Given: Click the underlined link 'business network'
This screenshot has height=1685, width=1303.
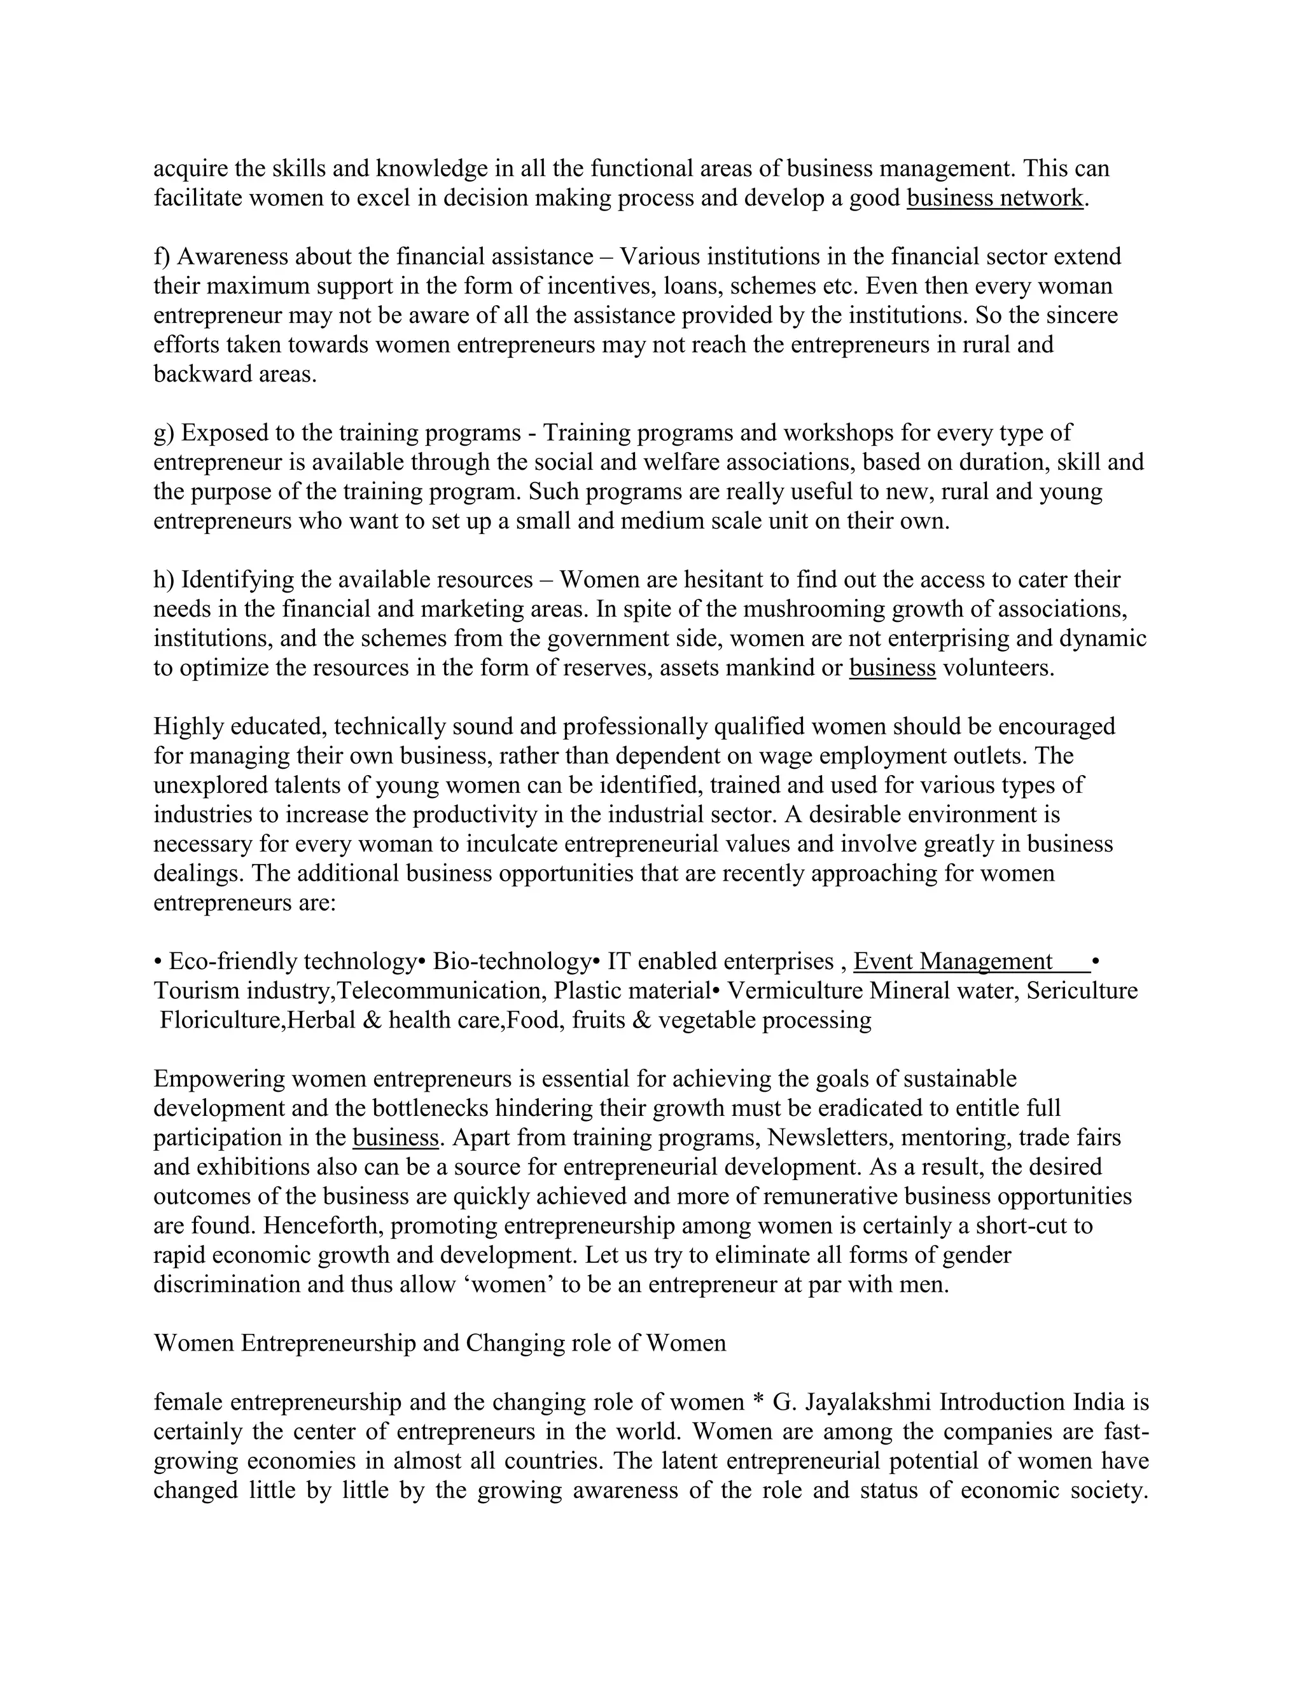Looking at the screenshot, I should pos(995,198).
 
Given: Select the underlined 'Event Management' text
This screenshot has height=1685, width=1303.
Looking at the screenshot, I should pos(952,961).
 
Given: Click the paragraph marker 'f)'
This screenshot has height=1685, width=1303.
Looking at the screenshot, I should pos(162,257).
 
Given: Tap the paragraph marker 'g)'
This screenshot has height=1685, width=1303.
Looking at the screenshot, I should pos(164,433).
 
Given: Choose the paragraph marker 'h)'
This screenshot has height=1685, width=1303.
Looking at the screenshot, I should pos(164,579).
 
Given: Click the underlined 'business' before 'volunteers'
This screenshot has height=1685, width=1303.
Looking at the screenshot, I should pos(893,668).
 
